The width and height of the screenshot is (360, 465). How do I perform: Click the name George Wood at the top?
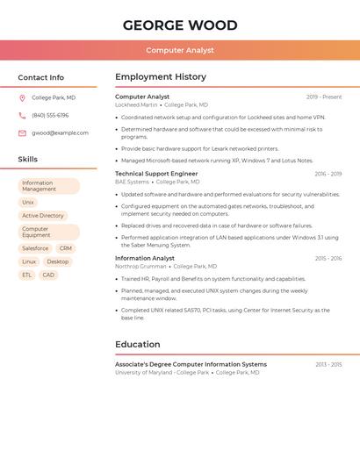179,25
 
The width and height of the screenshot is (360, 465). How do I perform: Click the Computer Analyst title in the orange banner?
179,50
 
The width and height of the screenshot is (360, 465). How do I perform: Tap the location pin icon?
22,98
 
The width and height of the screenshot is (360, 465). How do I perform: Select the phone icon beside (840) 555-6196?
22,116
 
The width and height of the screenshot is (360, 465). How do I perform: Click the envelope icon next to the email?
22,133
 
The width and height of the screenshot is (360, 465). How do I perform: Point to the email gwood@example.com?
60,133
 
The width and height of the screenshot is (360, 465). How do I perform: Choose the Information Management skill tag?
48,186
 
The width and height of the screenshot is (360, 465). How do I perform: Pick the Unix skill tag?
28,203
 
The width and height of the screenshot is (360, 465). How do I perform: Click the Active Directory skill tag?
43,216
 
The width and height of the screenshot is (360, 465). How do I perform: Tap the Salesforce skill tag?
35,248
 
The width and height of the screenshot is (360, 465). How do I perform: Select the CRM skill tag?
66,248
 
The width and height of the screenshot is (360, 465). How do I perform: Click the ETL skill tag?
26,275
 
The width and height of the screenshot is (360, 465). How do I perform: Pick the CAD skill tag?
48,275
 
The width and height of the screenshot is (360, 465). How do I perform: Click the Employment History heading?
161,77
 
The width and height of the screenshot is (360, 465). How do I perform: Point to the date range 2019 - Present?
324,97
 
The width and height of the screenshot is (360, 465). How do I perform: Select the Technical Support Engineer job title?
156,174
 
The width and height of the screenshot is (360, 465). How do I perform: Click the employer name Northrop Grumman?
140,266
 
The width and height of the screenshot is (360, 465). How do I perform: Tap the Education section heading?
138,345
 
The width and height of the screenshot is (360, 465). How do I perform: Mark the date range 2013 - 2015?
328,364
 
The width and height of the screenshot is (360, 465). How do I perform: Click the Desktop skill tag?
58,261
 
